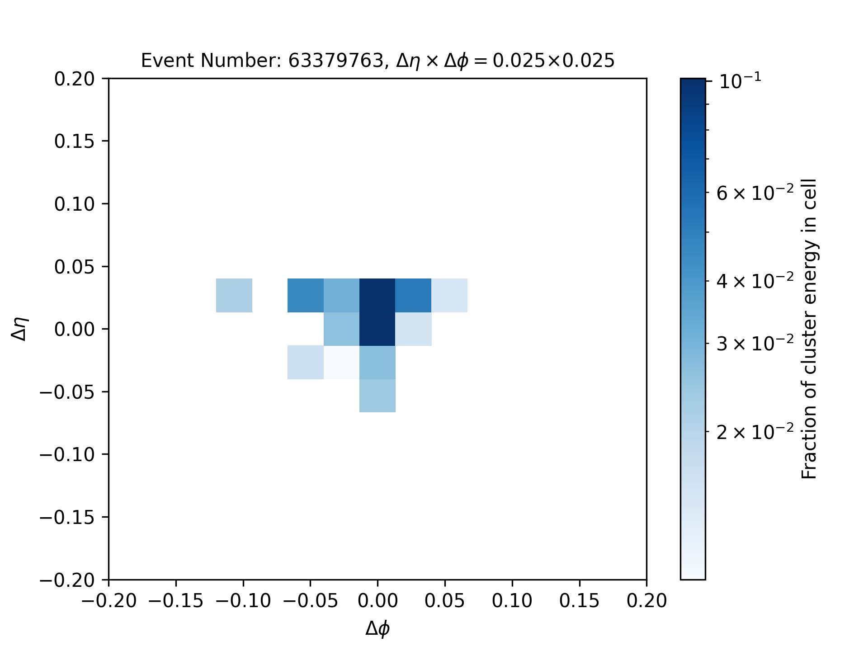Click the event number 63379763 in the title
click(336, 61)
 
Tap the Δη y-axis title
click(20, 329)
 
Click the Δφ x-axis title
click(377, 628)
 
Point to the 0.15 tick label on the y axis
click(75, 142)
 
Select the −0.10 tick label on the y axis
click(67, 454)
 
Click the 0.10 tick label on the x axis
click(512, 601)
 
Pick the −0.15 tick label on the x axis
click(176, 601)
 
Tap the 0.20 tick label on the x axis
click(646, 601)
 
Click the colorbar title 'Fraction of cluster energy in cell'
click(809, 329)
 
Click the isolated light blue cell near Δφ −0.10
click(234, 296)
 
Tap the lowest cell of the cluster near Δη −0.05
click(377, 396)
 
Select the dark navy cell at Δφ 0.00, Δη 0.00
click(377, 329)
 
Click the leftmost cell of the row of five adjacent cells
click(306, 296)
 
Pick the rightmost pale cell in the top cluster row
click(449, 296)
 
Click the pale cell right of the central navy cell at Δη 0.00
click(414, 329)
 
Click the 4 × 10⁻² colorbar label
click(755, 281)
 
